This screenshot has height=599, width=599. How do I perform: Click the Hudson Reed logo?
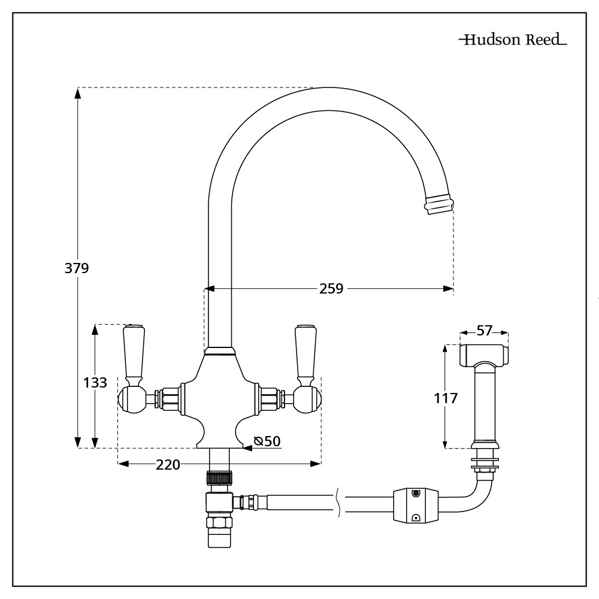click(512, 41)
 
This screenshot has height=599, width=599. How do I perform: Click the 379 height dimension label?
click(77, 268)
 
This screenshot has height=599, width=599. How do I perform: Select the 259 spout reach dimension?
click(331, 289)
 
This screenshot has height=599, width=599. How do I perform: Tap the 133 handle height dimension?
click(94, 382)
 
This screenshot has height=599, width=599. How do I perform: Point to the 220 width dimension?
click(168, 464)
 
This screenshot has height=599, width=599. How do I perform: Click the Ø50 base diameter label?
click(267, 441)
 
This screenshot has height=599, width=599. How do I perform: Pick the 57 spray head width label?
click(484, 331)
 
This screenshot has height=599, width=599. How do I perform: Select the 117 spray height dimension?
click(444, 397)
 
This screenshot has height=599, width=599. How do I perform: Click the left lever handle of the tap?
click(133, 353)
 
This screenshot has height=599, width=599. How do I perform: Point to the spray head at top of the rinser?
click(484, 355)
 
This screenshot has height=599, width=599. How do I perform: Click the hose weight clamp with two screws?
click(415, 506)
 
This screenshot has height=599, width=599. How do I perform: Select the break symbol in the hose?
click(340, 503)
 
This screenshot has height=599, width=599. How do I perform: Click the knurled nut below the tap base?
click(219, 478)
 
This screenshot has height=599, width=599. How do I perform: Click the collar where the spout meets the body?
click(219, 352)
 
